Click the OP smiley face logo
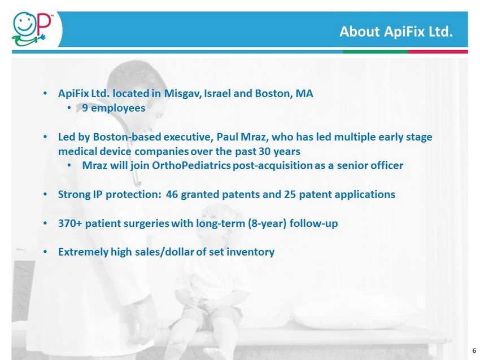click(30, 29)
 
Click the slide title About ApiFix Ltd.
click(396, 32)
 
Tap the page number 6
click(474, 351)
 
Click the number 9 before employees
click(85, 108)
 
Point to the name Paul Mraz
click(242, 137)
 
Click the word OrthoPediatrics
click(191, 165)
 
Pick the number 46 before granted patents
click(172, 194)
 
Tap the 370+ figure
click(70, 223)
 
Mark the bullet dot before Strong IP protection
click(45, 194)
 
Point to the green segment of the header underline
click(376, 52)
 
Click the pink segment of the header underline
click(438, 52)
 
